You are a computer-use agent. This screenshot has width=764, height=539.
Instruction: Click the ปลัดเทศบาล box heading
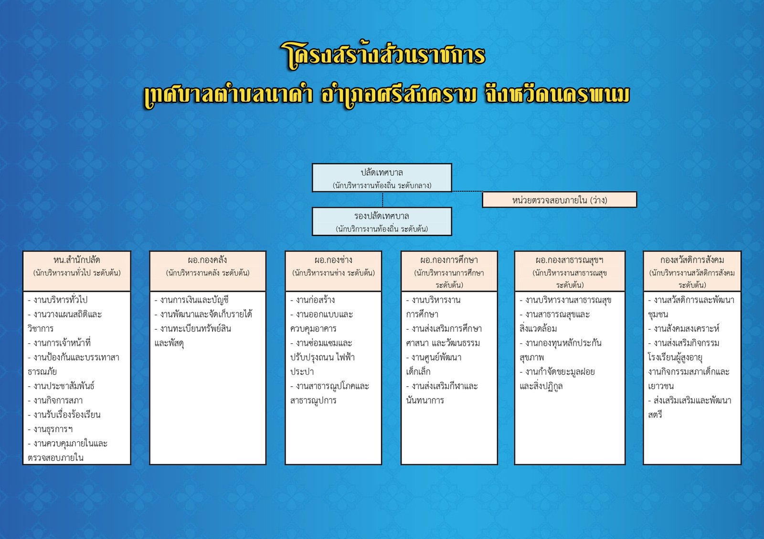point(382,172)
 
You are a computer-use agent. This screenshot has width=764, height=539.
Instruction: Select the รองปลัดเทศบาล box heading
point(382,216)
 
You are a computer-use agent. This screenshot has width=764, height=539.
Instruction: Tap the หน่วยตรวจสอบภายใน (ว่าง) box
point(559,200)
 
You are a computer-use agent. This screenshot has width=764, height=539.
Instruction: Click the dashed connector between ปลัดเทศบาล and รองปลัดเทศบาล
point(382,200)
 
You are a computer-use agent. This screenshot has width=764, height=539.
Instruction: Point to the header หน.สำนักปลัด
point(77,260)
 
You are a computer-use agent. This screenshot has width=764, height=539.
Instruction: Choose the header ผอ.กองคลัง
point(207,260)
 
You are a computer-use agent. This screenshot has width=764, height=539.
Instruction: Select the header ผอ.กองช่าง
point(333,260)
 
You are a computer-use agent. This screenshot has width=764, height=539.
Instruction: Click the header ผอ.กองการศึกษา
point(449,260)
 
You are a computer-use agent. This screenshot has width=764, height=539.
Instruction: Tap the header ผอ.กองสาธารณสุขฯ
point(569,260)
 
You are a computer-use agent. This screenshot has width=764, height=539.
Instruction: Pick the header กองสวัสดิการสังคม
point(692,260)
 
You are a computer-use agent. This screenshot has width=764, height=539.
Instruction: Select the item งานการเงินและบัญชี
point(191,300)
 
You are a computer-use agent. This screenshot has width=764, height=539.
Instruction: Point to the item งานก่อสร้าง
point(312,300)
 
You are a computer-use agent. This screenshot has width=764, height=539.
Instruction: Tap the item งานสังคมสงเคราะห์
point(683,329)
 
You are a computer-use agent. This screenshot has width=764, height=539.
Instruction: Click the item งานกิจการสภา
point(55,400)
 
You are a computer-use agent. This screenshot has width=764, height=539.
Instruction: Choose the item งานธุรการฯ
point(50,429)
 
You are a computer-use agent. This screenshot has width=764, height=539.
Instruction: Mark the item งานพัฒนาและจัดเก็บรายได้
point(203,314)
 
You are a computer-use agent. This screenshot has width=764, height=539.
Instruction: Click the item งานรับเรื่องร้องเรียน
point(64,415)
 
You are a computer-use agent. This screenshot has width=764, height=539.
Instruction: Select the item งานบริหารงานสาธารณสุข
point(565,300)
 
